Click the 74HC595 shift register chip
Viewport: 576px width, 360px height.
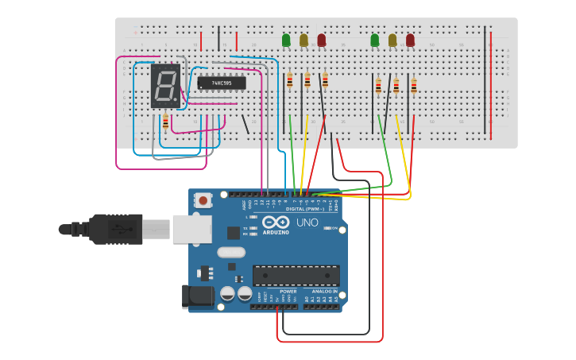tap(222, 83)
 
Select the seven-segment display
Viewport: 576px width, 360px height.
tap(166, 86)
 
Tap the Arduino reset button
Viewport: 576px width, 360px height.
tap(203, 201)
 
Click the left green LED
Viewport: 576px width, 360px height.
tap(286, 40)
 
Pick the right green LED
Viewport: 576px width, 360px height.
tap(375, 40)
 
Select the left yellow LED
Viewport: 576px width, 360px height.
tap(303, 40)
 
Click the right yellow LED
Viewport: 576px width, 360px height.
tap(392, 40)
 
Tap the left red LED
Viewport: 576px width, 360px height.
tap(322, 40)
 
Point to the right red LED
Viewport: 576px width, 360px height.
tap(410, 40)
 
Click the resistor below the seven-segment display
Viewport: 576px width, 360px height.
tap(165, 122)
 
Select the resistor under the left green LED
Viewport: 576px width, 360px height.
tap(289, 79)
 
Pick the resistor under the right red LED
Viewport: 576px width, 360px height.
tap(414, 86)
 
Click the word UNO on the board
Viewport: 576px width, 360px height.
tap(307, 223)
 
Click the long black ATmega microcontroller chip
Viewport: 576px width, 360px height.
tap(296, 275)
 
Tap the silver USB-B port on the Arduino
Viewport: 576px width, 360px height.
tap(191, 229)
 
